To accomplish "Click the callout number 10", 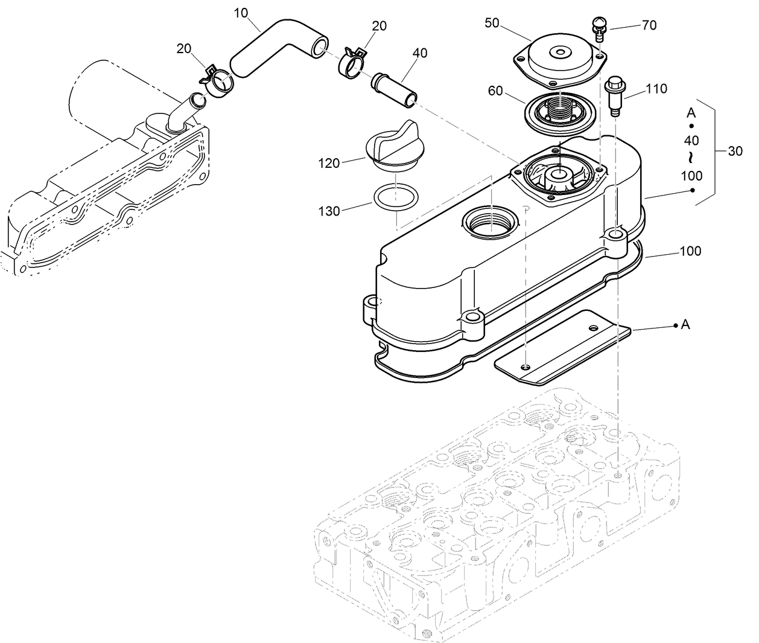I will coord(241,13).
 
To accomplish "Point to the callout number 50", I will coord(492,23).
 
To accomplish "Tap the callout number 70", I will coord(649,25).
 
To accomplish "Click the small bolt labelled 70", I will coord(598,28).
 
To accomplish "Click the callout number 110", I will coord(656,89).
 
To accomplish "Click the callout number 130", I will coord(329,211).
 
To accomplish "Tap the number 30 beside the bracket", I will coord(735,151).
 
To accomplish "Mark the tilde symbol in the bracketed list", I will coord(691,158).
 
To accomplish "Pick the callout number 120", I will coord(329,163).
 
